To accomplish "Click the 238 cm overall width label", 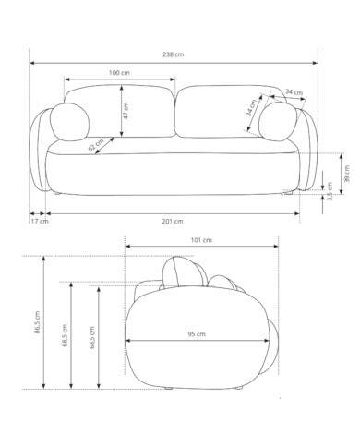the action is click(x=173, y=54).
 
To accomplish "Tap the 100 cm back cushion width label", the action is click(x=119, y=73).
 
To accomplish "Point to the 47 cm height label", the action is click(x=126, y=111).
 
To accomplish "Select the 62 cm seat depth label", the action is click(x=96, y=145).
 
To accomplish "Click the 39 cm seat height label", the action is click(x=347, y=174).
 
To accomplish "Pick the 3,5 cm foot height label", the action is click(x=330, y=191).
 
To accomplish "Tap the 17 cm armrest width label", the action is click(x=40, y=221).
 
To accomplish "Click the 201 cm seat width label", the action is click(x=173, y=221).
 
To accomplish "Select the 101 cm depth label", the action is click(x=201, y=240).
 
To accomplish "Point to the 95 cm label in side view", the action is click(x=197, y=334).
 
